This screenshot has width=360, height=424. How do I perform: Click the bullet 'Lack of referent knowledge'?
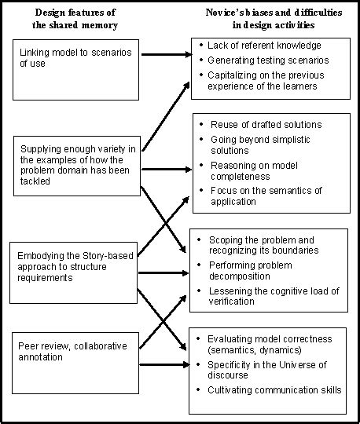point(259,46)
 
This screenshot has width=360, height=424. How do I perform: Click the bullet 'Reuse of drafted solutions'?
point(266,125)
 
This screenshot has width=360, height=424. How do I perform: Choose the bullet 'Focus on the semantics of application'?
point(267,196)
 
